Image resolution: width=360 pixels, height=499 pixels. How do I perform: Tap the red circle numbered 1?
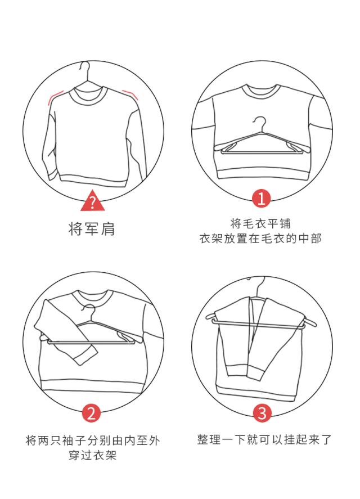coord(262,199)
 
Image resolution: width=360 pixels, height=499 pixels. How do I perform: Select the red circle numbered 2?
coord(91,413)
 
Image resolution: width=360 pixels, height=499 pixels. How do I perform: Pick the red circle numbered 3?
coord(262,413)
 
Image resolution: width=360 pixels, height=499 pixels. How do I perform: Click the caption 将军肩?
coord(92,228)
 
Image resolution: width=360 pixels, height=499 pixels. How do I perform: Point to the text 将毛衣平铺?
coord(260,223)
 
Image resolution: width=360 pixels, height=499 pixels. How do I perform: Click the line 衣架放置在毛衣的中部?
coord(260,239)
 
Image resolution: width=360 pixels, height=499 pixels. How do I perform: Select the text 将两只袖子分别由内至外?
coord(93,440)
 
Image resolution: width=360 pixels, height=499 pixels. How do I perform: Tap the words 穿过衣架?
coord(93,455)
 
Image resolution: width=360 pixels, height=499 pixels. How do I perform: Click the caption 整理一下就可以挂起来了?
coord(264,439)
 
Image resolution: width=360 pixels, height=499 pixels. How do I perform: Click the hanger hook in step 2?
coord(89,312)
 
